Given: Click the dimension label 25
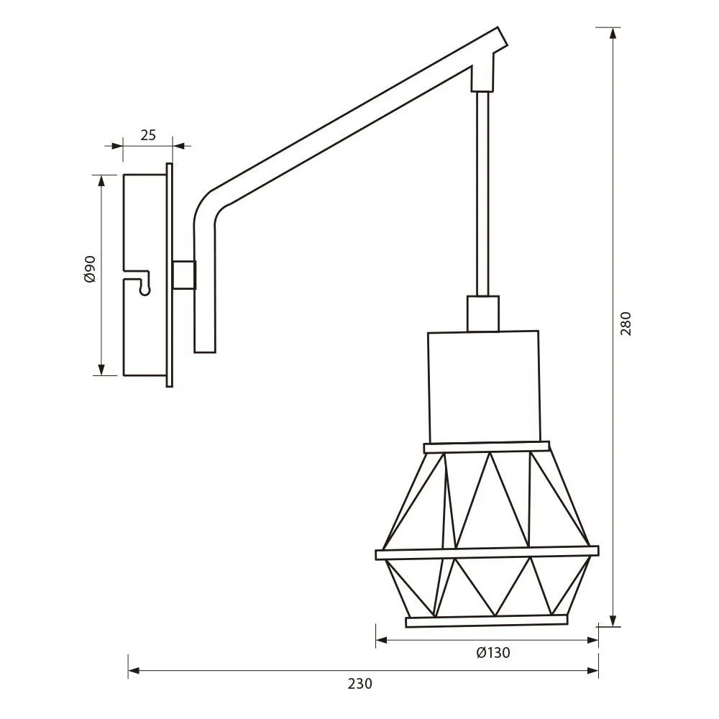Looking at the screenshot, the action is coord(148,135).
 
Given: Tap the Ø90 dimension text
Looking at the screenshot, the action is coord(91,269).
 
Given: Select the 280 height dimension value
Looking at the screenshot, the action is coord(626,324).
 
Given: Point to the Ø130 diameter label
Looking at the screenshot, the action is coord(493,653).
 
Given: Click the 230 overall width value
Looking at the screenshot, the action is coord(360,684).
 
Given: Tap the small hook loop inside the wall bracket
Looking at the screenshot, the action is coord(145,289).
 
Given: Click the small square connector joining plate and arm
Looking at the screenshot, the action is coord(184,275).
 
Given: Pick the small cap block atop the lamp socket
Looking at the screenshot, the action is coord(483,313).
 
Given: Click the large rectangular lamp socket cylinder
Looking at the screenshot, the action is coord(484,387).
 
